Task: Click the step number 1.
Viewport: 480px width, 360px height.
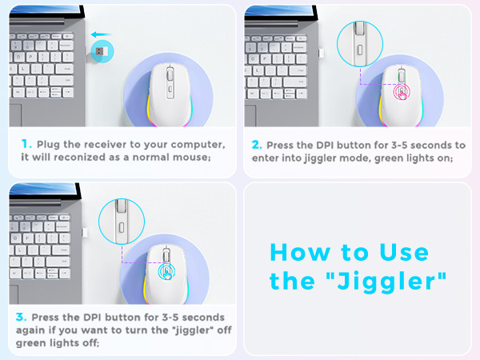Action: (26, 144)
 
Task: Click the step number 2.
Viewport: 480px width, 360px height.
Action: (257, 145)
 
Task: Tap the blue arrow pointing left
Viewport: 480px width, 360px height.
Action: (100, 34)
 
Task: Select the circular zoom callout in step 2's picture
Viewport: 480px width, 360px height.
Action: (357, 43)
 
